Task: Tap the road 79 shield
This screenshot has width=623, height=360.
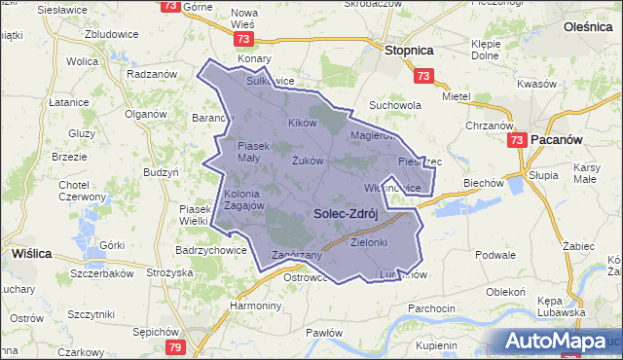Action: click(x=174, y=347)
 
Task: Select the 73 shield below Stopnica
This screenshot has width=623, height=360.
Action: click(x=421, y=76)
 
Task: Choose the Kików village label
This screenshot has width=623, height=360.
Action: click(x=303, y=124)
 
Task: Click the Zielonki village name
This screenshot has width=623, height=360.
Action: click(x=369, y=242)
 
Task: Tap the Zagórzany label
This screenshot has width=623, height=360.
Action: click(x=297, y=255)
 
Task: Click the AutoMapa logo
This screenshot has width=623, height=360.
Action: click(x=555, y=342)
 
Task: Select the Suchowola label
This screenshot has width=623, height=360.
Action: click(x=394, y=105)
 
